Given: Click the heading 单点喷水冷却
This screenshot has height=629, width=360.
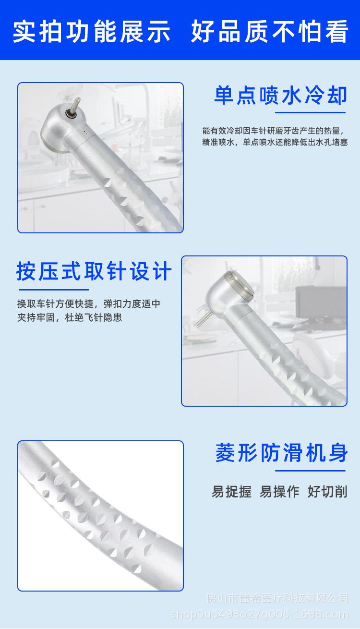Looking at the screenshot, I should [x=280, y=96].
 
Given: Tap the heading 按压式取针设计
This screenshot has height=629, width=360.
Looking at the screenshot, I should [x=94, y=272].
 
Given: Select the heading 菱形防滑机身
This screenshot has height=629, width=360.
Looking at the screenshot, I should [x=281, y=453].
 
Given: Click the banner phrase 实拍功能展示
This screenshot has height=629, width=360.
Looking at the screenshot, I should [x=91, y=31].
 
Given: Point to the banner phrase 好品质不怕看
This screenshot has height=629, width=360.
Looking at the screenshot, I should [x=269, y=31].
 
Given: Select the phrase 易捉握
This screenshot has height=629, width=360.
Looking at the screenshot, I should [x=231, y=491].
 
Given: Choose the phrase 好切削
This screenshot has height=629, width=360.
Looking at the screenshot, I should [x=327, y=491].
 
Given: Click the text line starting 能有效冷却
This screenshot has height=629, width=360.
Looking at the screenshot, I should [x=274, y=131].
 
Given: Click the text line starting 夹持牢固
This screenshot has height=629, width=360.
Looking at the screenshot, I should [x=70, y=317].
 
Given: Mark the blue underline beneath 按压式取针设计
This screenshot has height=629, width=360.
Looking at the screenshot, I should [x=54, y=290].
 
